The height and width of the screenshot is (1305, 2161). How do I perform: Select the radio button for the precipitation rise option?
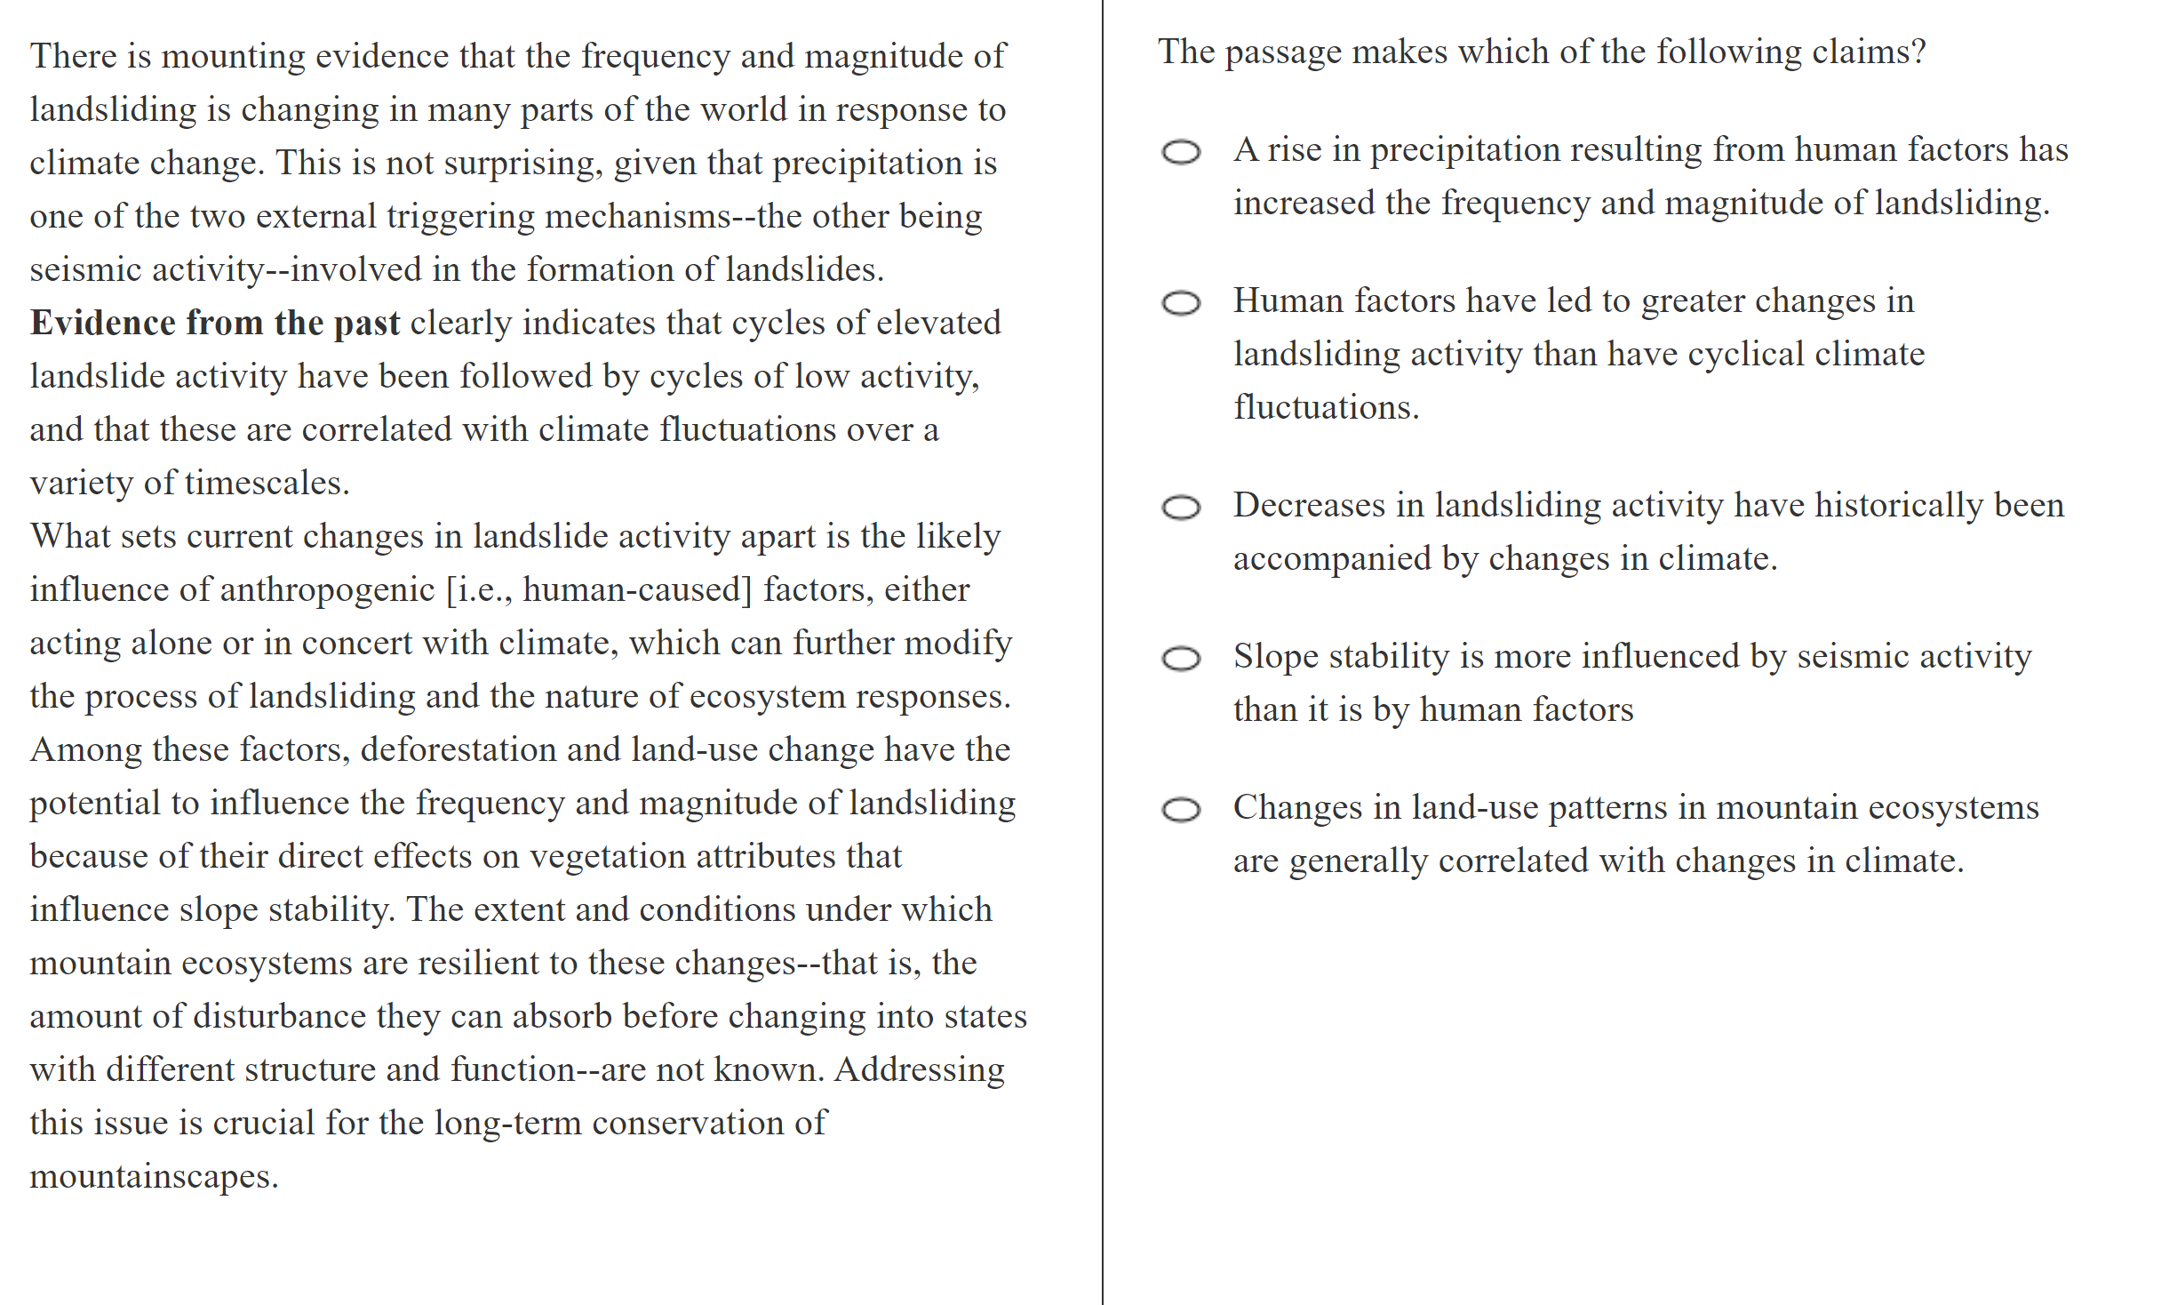click(1181, 152)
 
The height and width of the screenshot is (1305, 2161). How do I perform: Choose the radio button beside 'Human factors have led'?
click(1181, 303)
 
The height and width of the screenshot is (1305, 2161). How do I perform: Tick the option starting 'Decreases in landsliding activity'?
click(1181, 508)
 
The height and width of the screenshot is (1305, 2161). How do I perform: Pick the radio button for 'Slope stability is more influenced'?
click(1181, 659)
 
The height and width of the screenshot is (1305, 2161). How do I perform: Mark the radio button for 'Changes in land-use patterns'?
click(1181, 810)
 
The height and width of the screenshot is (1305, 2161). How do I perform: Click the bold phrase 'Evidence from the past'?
click(214, 323)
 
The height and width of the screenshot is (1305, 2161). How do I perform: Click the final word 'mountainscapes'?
click(153, 1177)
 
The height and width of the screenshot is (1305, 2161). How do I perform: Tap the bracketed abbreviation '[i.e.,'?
click(479, 590)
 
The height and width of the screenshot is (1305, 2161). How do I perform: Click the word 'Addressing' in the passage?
click(919, 1070)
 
